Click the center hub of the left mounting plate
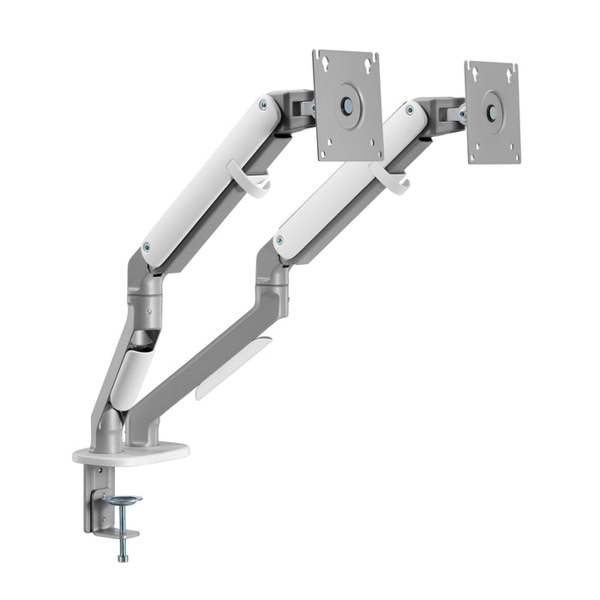coord(347,105)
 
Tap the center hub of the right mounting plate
coord(492,112)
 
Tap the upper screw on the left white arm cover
coord(262,105)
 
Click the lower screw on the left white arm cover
coord(147,247)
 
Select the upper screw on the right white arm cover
coord(411,110)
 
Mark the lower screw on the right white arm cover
coord(279,241)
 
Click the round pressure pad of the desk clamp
coord(122,499)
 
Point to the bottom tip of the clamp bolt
coord(123,558)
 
